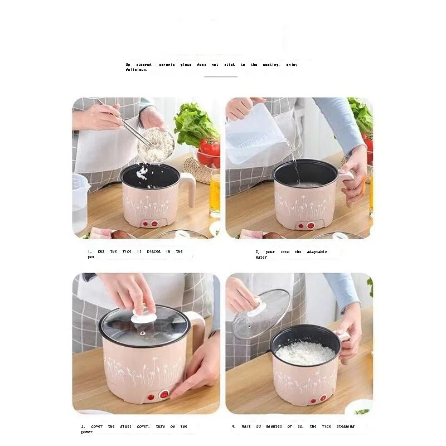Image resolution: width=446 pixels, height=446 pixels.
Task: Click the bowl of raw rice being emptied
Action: point(156,145)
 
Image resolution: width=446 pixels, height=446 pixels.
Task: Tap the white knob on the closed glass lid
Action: point(144,317)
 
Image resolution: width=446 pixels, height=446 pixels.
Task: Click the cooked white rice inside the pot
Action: point(305,353)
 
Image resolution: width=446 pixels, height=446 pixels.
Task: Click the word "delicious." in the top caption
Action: point(137,70)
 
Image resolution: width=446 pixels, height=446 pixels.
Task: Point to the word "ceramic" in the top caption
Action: point(167,65)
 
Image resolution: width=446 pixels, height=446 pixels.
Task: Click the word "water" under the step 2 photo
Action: point(261,257)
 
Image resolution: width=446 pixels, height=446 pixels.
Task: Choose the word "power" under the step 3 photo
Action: point(86,432)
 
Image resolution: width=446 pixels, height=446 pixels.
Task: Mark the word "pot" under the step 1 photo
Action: point(91,257)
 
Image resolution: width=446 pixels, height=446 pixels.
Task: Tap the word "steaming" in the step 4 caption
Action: point(346,426)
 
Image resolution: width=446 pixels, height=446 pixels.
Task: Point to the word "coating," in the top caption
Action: point(271,65)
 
